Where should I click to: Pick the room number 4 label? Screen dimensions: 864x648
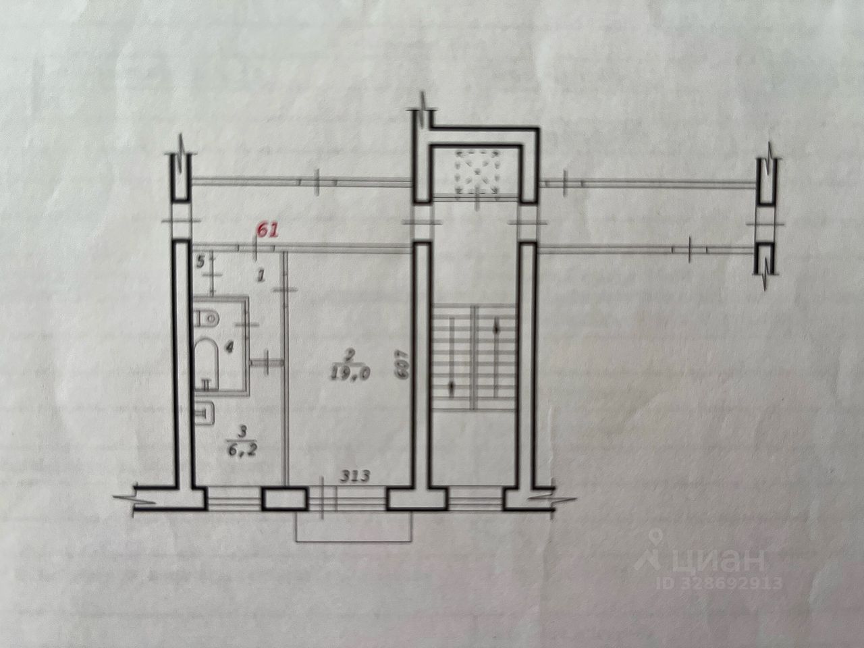(x=230, y=348)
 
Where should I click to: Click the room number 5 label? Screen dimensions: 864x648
(x=200, y=262)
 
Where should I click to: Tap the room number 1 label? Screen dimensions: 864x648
(x=262, y=275)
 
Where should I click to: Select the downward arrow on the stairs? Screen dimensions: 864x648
(x=451, y=388)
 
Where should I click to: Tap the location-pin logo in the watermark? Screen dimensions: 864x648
(x=653, y=547)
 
